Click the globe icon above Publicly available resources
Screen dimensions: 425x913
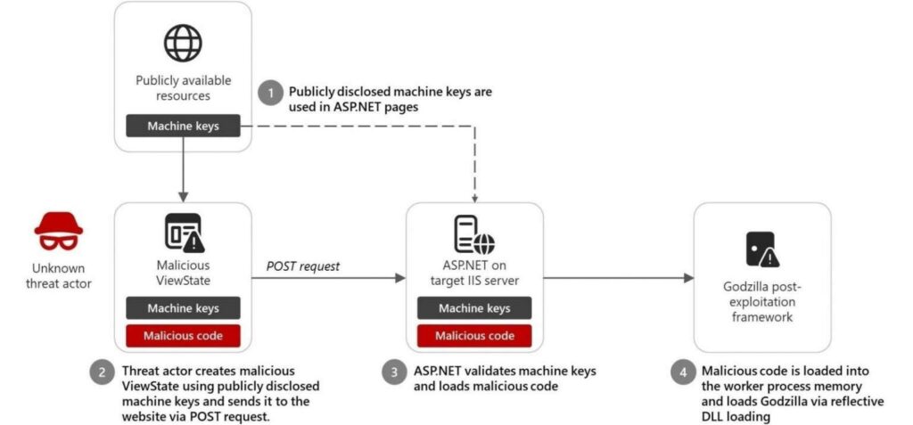[182, 43]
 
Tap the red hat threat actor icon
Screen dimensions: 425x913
[58, 230]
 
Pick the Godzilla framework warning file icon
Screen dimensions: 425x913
[761, 249]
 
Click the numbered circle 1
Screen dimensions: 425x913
[268, 92]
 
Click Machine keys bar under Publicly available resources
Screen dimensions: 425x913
[183, 127]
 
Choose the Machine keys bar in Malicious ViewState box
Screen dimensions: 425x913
[183, 308]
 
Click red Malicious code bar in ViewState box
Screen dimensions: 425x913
[183, 336]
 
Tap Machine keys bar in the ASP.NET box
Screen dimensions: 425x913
[474, 308]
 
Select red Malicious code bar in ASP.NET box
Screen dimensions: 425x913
[474, 336]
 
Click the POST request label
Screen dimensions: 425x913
[303, 266]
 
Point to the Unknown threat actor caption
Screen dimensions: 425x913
[59, 275]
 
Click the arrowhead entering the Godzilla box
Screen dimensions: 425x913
[688, 279]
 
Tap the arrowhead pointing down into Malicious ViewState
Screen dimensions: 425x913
[183, 197]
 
